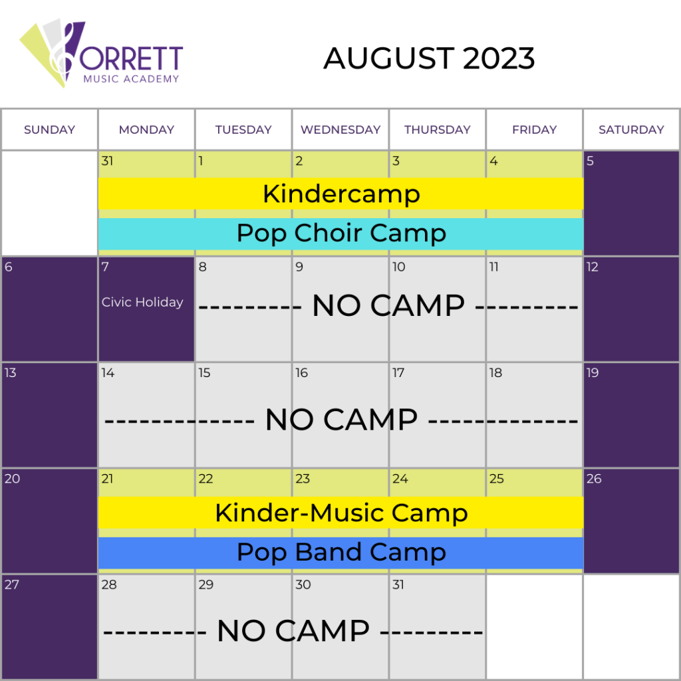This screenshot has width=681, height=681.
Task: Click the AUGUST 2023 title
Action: click(x=429, y=59)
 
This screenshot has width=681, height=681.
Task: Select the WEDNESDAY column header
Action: click(x=340, y=130)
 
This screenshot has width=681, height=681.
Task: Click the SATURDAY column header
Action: click(x=631, y=130)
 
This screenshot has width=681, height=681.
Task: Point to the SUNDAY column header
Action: click(x=49, y=130)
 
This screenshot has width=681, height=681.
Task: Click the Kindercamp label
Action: click(x=341, y=194)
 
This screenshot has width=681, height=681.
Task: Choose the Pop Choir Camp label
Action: click(x=341, y=233)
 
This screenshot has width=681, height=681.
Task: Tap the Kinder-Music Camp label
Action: click(x=341, y=513)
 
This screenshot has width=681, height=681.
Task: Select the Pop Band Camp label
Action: click(x=341, y=553)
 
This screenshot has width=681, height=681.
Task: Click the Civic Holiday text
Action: click(x=142, y=303)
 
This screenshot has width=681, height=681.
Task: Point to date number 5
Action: click(x=590, y=161)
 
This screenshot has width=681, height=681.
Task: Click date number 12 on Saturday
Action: click(x=592, y=267)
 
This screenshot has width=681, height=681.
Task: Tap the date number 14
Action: click(x=108, y=372)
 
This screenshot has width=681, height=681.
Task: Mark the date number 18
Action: click(x=495, y=372)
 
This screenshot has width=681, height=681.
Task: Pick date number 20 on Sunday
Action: click(x=12, y=479)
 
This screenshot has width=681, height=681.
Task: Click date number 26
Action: click(x=594, y=479)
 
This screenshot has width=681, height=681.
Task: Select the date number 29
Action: click(x=206, y=585)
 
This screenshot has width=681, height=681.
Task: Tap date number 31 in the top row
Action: click(x=107, y=161)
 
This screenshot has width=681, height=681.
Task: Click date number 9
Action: click(x=299, y=267)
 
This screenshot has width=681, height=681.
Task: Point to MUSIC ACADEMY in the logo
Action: click(x=131, y=78)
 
